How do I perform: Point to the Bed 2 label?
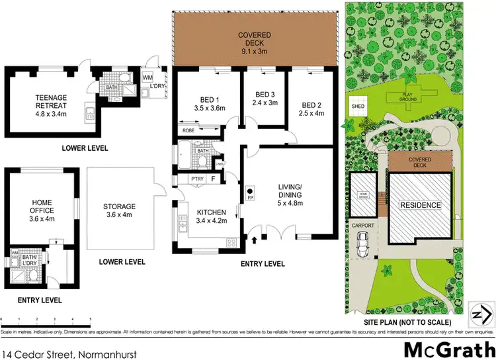[x=310, y=109]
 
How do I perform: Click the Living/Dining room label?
[x=290, y=195]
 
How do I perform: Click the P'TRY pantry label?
[x=196, y=179]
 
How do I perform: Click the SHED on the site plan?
[x=358, y=106]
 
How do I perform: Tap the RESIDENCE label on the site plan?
[x=421, y=205]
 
